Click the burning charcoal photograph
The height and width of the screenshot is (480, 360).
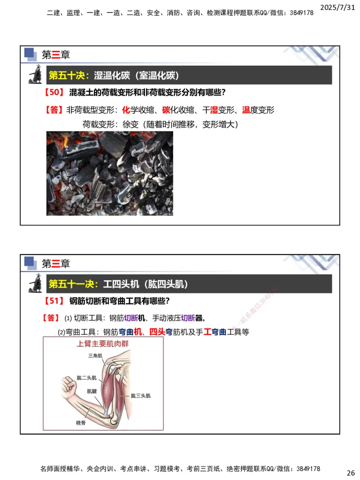[109, 173]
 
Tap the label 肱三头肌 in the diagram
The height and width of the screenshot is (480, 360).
[140, 396]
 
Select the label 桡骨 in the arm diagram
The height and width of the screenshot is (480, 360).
[81, 423]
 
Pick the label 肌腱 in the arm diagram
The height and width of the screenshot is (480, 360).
[92, 391]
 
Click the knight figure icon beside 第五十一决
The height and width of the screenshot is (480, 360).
[36, 284]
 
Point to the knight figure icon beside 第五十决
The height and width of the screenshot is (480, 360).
[36, 75]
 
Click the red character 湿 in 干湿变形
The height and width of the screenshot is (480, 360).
[214, 110]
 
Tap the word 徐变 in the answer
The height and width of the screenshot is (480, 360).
[130, 124]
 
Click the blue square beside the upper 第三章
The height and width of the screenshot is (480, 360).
[29, 53]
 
